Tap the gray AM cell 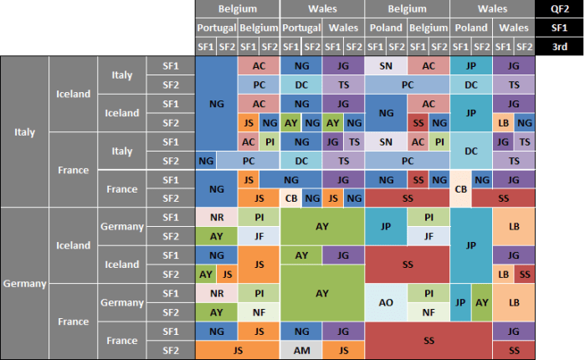(300, 351)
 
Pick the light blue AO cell (386, 303)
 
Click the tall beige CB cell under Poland (459, 188)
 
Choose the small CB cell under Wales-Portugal (290, 198)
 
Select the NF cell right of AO (428, 312)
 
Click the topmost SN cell (386, 65)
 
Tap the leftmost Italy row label (24, 131)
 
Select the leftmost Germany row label (24, 284)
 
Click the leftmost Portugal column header (216, 28)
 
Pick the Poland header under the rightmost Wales (470, 28)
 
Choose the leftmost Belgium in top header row (237, 8)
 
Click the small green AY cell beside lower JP (481, 302)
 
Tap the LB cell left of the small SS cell (503, 275)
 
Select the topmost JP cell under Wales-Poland (470, 65)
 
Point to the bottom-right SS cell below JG (513, 350)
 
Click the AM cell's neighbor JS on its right (342, 351)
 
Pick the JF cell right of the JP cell (428, 236)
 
